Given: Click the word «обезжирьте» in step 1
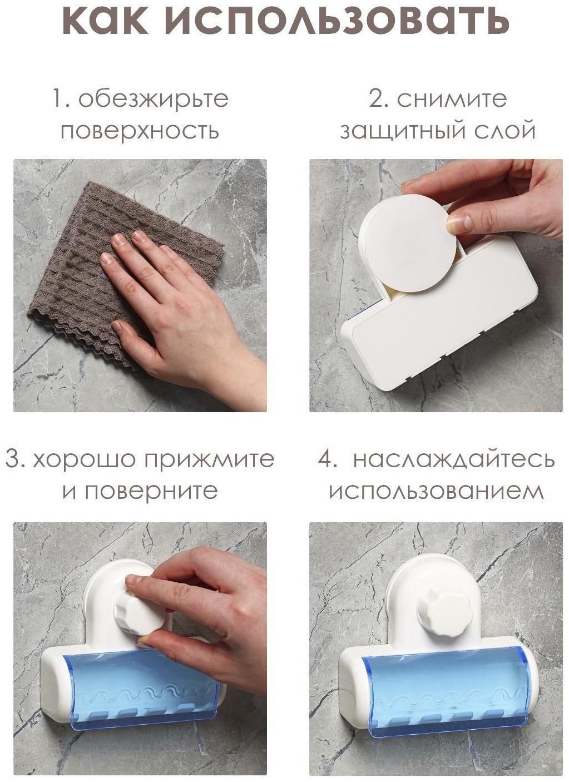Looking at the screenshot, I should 153,99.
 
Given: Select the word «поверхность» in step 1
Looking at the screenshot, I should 140,131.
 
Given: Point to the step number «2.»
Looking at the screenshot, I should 380,99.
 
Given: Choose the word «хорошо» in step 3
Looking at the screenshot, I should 84,460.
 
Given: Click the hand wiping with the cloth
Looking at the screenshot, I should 167,311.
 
